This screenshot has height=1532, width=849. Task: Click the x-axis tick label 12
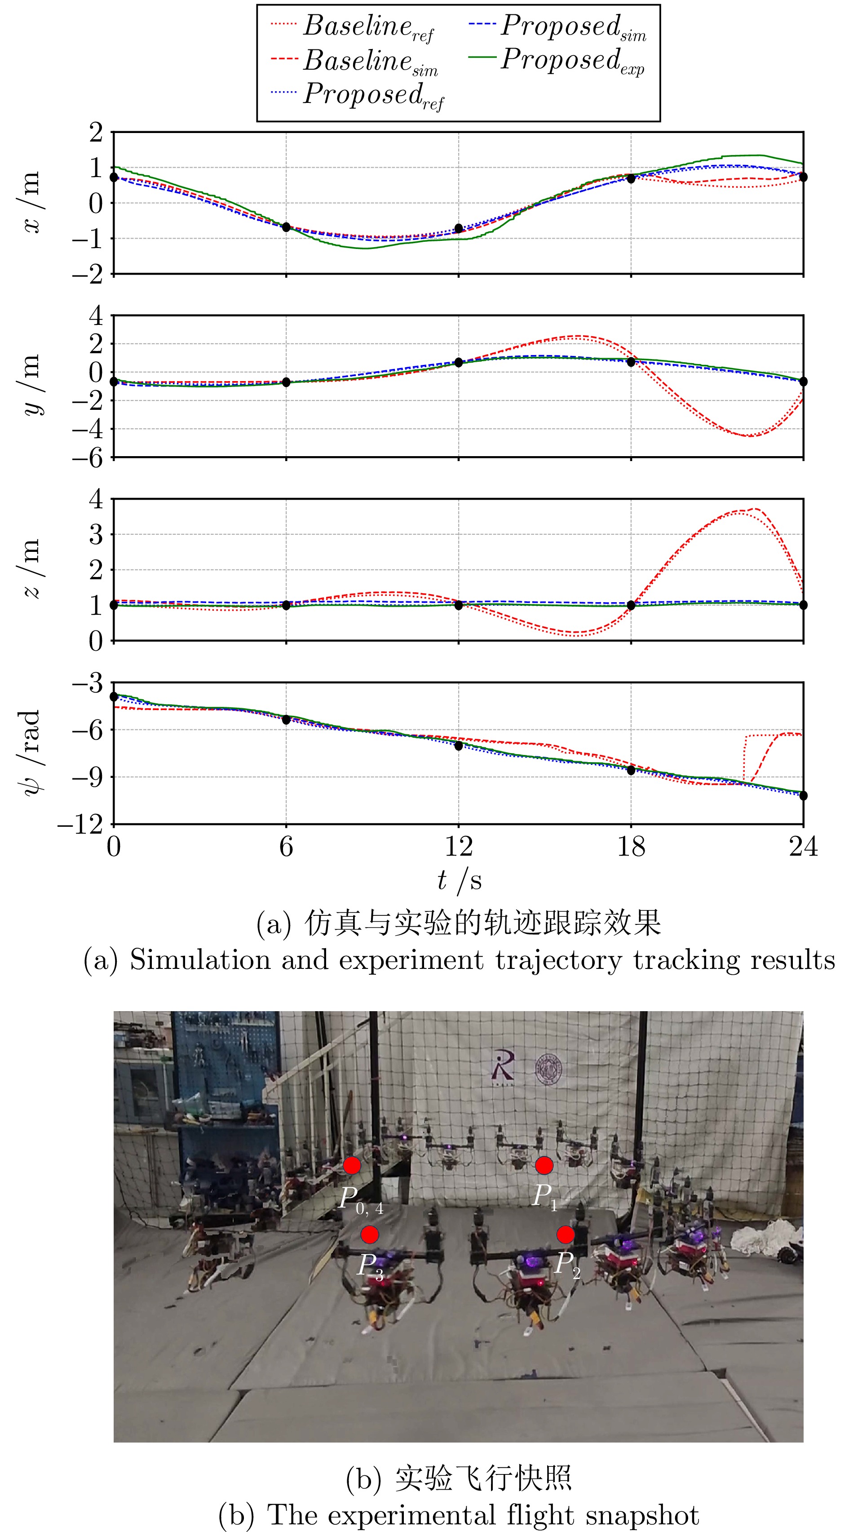point(458,846)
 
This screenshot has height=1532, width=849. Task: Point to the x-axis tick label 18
point(631,846)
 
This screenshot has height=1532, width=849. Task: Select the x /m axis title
point(31,202)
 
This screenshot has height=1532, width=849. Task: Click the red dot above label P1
point(544,1166)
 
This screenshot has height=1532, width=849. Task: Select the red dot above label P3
point(370,1234)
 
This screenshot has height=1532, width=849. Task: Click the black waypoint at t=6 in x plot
point(286,227)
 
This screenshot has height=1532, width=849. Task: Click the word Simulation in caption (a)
point(200,960)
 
